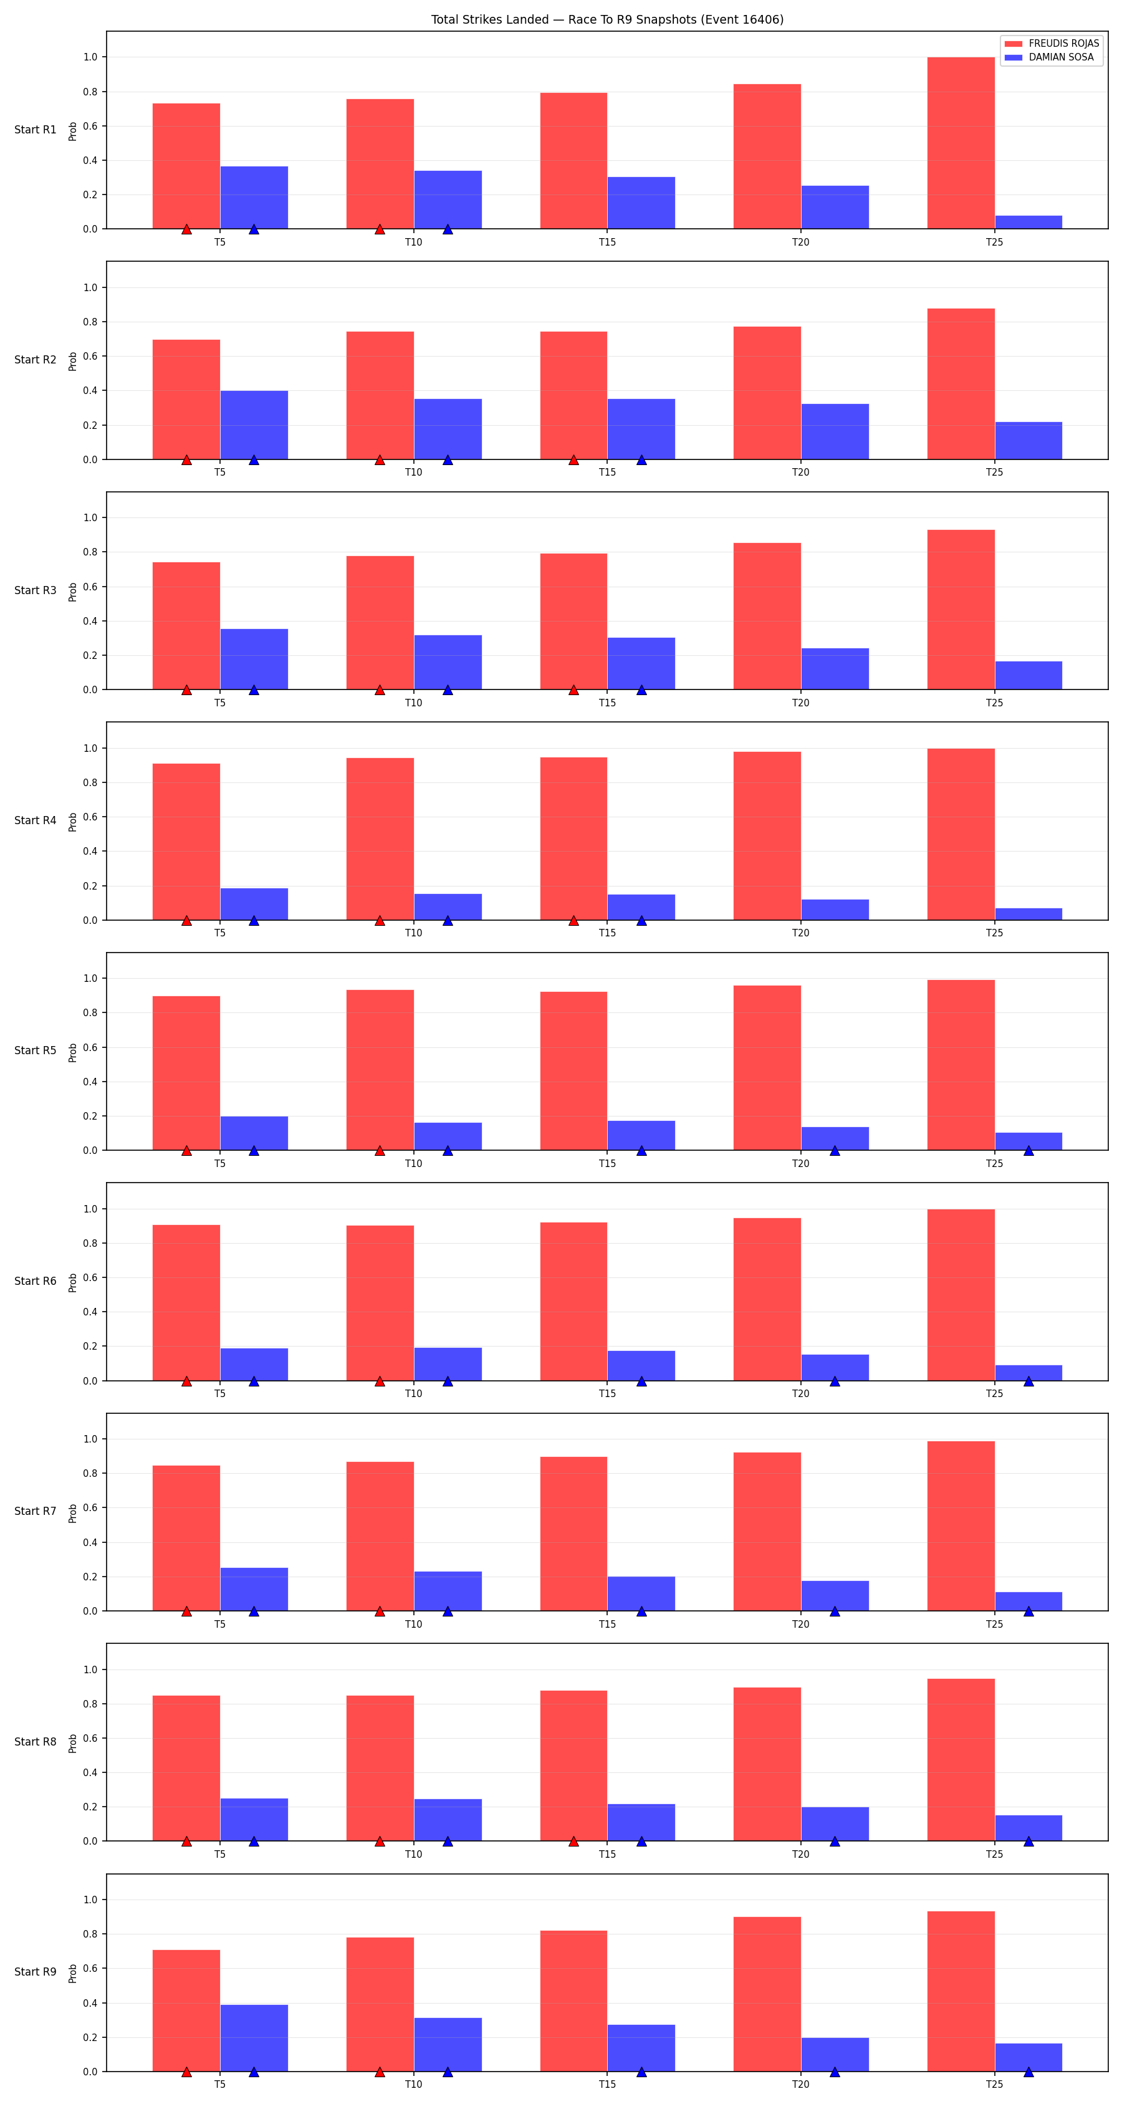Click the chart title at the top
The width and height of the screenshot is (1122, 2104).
pyautogui.click(x=607, y=19)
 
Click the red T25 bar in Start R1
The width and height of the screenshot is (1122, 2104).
pyautogui.click(x=961, y=143)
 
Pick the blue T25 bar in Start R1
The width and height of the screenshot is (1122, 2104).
pyautogui.click(x=1028, y=222)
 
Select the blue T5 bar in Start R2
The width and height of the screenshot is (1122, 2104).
pyautogui.click(x=254, y=425)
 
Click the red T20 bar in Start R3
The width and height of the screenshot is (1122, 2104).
pyautogui.click(x=767, y=616)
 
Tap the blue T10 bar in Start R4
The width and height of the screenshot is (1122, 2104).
pyautogui.click(x=448, y=906)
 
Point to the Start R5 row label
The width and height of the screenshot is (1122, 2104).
pyautogui.click(x=35, y=1050)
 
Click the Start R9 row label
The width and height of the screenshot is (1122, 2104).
pyautogui.click(x=35, y=1972)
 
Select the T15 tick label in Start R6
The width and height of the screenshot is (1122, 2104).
pyautogui.click(x=607, y=1393)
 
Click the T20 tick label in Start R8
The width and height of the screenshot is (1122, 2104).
pyautogui.click(x=800, y=1854)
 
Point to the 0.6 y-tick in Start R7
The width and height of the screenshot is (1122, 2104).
pyautogui.click(x=90, y=1508)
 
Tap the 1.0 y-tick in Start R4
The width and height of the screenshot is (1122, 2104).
pyautogui.click(x=90, y=748)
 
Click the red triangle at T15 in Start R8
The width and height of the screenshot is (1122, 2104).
pyautogui.click(x=573, y=1841)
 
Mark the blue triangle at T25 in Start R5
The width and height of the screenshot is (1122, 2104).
pyautogui.click(x=1028, y=1150)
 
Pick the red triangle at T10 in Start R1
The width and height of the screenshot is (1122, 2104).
pyautogui.click(x=380, y=229)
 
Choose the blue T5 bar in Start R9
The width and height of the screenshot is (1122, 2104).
pyautogui.click(x=254, y=2038)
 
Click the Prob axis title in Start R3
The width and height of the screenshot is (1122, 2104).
pyautogui.click(x=73, y=592)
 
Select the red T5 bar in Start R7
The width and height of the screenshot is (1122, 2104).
pyautogui.click(x=186, y=1538)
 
